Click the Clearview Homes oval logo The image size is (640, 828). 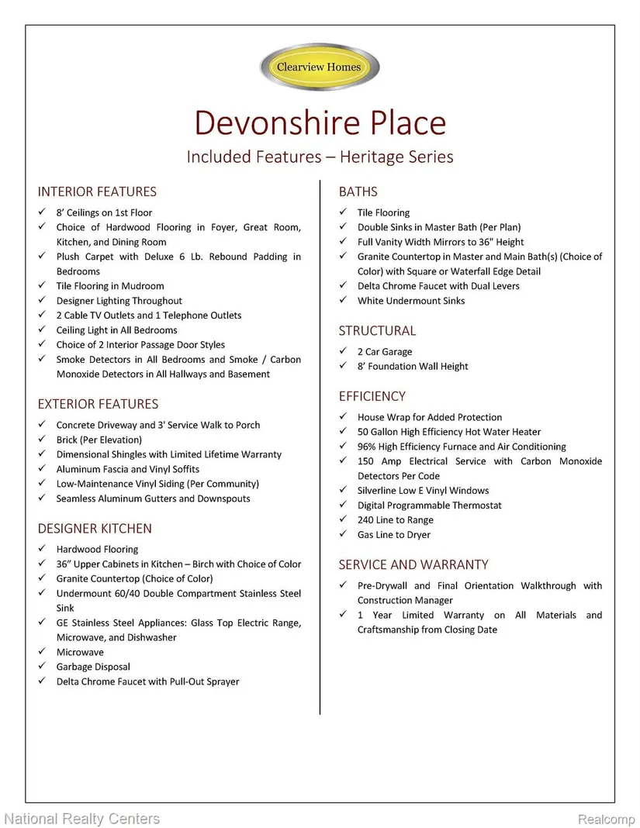click(320, 67)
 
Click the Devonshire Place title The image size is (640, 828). click(320, 123)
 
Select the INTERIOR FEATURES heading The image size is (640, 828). click(97, 191)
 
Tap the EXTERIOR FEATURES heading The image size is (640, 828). click(98, 404)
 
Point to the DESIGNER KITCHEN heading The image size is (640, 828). click(95, 529)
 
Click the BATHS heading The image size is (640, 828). click(358, 191)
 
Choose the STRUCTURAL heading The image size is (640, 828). click(377, 330)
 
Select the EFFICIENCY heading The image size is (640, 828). click(372, 396)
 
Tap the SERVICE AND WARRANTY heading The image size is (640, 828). click(413, 564)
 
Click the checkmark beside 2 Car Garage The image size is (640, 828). click(343, 352)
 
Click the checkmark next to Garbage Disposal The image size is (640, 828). click(42, 667)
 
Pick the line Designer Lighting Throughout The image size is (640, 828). click(119, 301)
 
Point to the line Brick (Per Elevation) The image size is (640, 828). click(99, 440)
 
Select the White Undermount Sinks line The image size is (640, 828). click(411, 301)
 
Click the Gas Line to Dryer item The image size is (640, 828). click(394, 535)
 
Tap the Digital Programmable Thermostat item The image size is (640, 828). click(430, 505)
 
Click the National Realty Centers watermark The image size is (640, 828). click(81, 819)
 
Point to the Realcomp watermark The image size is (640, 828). click(604, 819)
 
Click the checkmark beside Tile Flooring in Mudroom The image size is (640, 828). click(42, 286)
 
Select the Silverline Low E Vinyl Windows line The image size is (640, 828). click(424, 491)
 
